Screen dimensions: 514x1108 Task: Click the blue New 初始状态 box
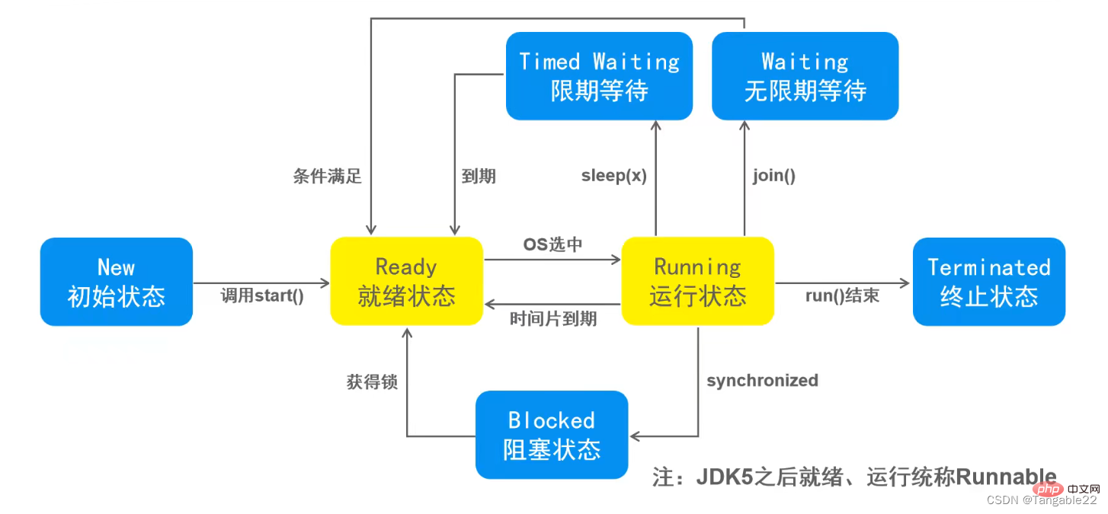(x=116, y=282)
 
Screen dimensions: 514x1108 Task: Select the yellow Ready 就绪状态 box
(x=406, y=282)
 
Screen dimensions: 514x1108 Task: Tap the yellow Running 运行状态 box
(x=697, y=282)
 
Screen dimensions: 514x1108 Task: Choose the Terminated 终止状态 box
(x=988, y=282)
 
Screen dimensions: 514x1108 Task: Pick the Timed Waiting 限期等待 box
(x=599, y=76)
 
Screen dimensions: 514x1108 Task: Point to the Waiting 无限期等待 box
(x=805, y=76)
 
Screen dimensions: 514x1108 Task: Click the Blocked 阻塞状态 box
(x=552, y=435)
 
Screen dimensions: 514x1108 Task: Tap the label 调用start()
(x=262, y=296)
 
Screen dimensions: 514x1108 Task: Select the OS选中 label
(x=552, y=245)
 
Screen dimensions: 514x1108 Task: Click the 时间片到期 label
(x=553, y=319)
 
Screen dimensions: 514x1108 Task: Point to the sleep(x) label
(x=614, y=176)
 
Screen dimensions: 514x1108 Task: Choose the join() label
(x=774, y=176)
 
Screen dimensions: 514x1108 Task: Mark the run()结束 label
(x=842, y=296)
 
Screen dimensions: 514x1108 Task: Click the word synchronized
(x=762, y=380)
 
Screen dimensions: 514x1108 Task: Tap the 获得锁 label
(x=372, y=382)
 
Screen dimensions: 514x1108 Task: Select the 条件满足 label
(x=328, y=177)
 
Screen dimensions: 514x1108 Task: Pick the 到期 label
(x=479, y=177)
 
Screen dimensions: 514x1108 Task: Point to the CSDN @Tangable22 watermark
(x=1042, y=500)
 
